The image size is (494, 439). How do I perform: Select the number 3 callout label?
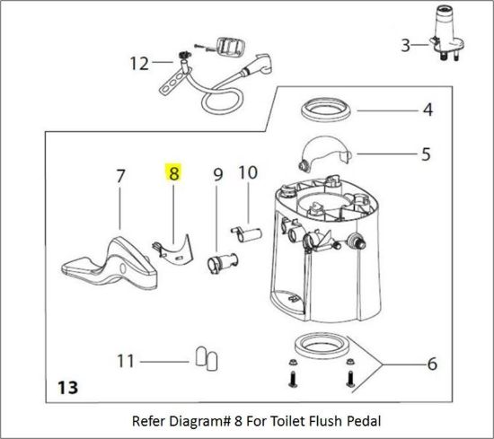[405, 44]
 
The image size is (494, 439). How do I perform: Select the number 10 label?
[248, 171]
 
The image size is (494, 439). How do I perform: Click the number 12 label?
[138, 64]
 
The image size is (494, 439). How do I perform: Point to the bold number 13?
[67, 389]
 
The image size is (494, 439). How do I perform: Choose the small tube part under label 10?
[245, 234]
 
